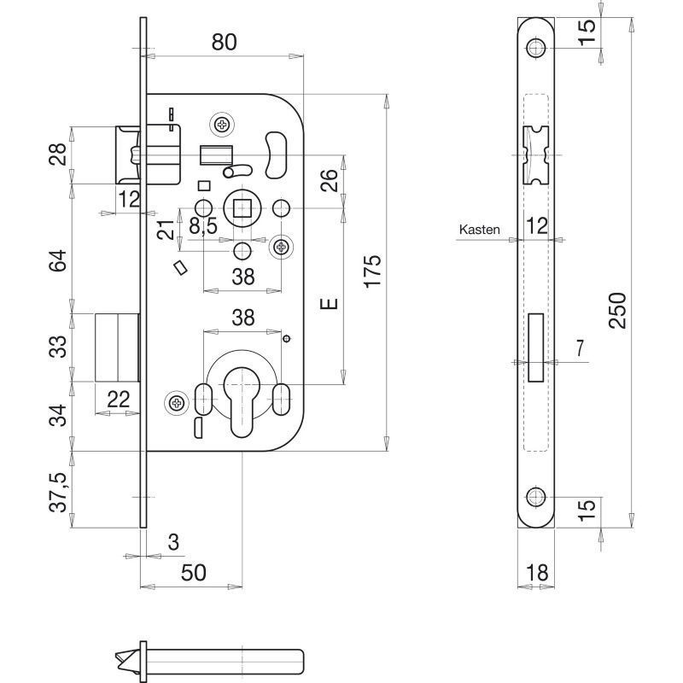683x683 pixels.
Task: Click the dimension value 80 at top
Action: [224, 42]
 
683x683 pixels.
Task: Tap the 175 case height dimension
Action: [373, 271]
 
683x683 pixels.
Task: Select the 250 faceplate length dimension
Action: [617, 310]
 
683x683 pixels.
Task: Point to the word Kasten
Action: [479, 230]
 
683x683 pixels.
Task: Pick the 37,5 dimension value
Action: [58, 492]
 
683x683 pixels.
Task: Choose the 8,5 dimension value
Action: [203, 225]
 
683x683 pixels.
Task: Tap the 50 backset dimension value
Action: [194, 572]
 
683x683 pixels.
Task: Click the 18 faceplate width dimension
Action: [537, 572]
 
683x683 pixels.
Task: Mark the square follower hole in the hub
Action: [242, 207]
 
